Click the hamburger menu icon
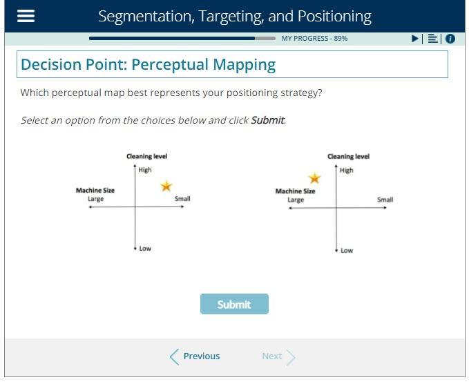pyautogui.click(x=26, y=17)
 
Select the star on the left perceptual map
pyautogui.click(x=166, y=187)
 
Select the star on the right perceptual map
pyautogui.click(x=314, y=179)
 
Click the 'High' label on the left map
pyautogui.click(x=145, y=171)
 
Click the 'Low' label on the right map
pyautogui.click(x=347, y=250)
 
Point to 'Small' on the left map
pyautogui.click(x=182, y=199)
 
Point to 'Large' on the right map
pyautogui.click(x=296, y=200)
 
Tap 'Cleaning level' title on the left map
pyautogui.click(x=146, y=157)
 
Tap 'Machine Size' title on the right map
pyautogui.click(x=295, y=191)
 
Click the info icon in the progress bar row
pyautogui.click(x=450, y=39)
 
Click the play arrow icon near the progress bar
pyautogui.click(x=415, y=39)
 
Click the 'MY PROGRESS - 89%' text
pyautogui.click(x=314, y=39)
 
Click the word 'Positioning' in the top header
pyautogui.click(x=334, y=17)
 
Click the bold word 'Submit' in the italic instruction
pyautogui.click(x=267, y=120)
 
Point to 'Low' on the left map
pyautogui.click(x=145, y=249)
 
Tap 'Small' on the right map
pyautogui.click(x=385, y=200)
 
